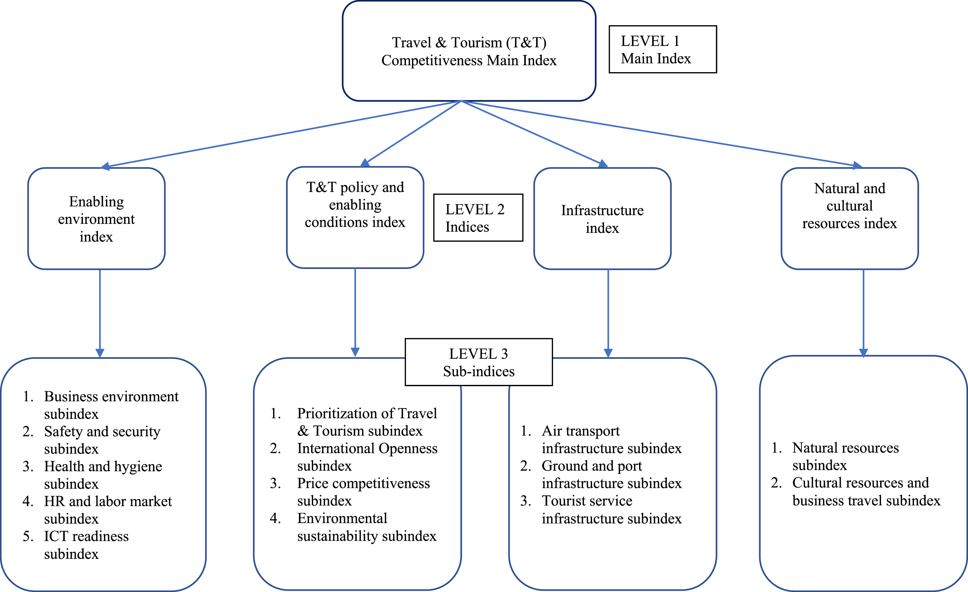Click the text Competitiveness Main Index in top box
pos(469,61)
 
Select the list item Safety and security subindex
pos(91,440)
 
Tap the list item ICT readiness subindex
pos(75,545)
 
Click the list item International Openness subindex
pos(354,457)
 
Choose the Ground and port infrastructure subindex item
pos(601,474)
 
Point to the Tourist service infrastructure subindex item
pos(601,510)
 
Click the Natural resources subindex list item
pos(835,456)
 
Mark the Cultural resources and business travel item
pos(856,492)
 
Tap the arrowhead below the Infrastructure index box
pos(608,352)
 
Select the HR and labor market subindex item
pos(97,510)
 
